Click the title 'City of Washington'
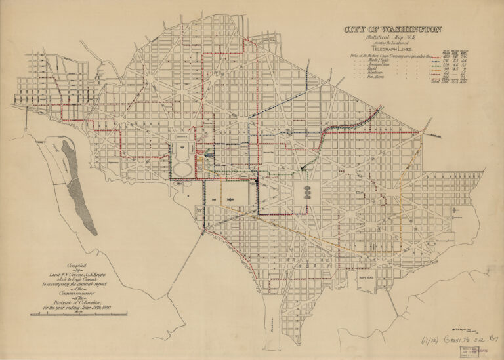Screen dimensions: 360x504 coord(392,30)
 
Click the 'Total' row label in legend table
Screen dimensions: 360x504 coord(434,83)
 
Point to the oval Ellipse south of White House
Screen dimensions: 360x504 coord(183,169)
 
